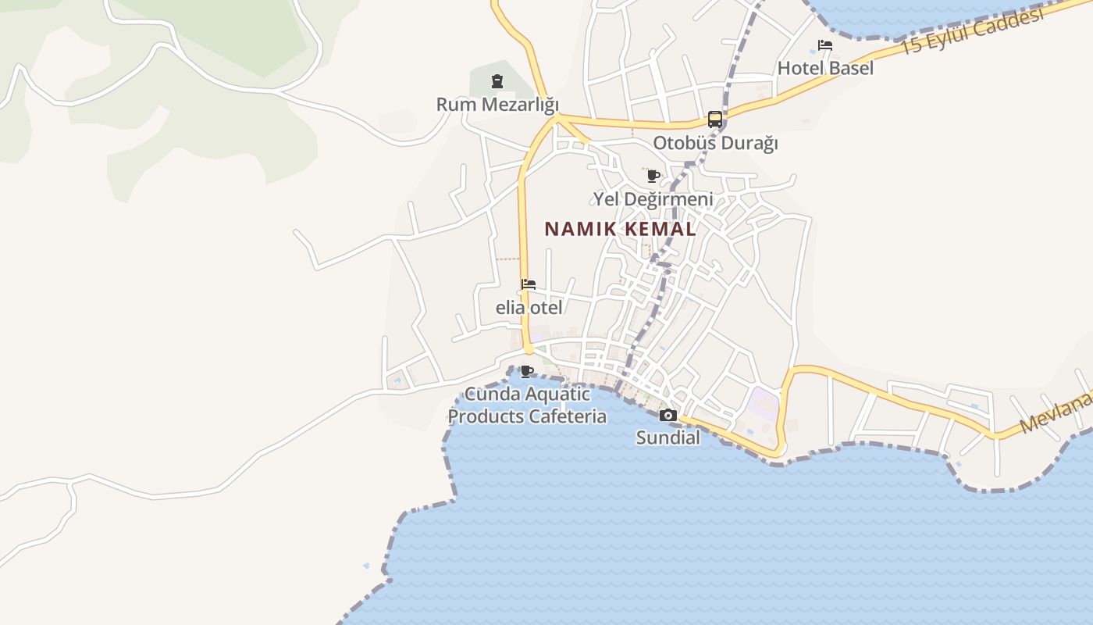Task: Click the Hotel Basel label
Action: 825,68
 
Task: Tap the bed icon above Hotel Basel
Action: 825,45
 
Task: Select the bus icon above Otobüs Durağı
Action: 714,120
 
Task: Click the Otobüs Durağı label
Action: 715,143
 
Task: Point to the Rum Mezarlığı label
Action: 497,104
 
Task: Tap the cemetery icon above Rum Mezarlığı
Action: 497,80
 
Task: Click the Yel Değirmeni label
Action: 653,199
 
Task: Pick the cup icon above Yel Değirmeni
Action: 653,176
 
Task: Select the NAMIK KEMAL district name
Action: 620,229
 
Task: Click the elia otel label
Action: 529,308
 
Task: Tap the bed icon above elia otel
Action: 529,284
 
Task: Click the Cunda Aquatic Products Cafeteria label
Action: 527,405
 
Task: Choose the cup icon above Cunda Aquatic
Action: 527,370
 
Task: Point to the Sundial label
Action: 668,437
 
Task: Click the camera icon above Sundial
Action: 668,415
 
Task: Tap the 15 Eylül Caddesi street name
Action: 972,32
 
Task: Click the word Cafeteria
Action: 568,416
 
